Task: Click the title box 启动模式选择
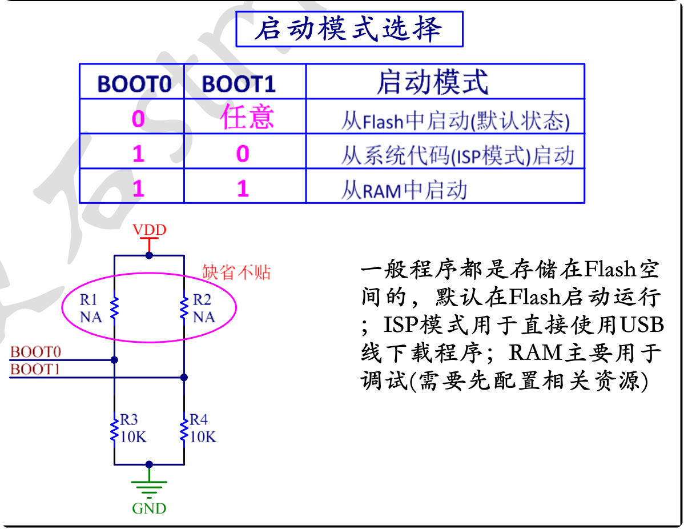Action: [x=349, y=29]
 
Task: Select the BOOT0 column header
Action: [x=134, y=84]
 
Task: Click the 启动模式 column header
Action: [x=432, y=82]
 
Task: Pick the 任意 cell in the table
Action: [x=247, y=117]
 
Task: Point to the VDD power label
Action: [x=149, y=230]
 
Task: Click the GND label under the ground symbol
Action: [x=149, y=508]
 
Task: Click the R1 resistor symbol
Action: [x=114, y=307]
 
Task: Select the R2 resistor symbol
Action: [x=184, y=307]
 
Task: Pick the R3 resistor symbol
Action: [x=114, y=428]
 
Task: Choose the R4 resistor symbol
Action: [x=184, y=428]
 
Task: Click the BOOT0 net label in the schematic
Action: [x=35, y=351]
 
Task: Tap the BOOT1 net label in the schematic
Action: [x=35, y=369]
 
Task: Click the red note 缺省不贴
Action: [x=236, y=272]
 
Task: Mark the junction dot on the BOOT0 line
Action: [x=114, y=360]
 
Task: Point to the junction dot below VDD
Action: [x=149, y=255]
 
